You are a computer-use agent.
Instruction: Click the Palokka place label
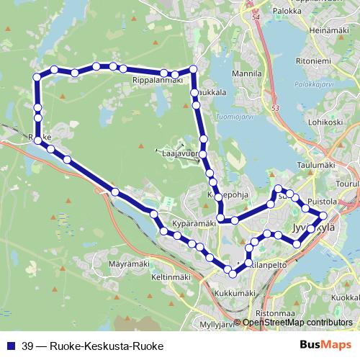287,12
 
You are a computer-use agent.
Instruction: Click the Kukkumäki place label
235,293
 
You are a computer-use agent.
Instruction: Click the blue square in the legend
11,345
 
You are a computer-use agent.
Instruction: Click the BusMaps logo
324,345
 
